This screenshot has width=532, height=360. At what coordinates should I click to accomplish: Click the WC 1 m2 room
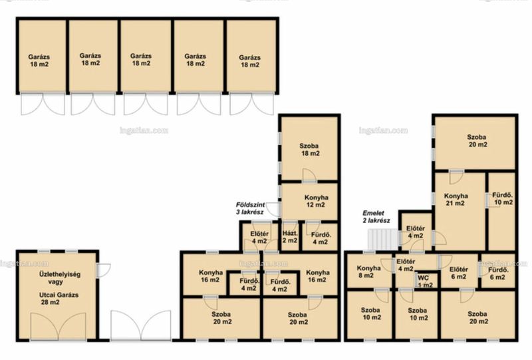(x=426, y=281)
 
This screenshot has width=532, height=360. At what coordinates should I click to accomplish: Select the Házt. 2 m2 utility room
(x=290, y=236)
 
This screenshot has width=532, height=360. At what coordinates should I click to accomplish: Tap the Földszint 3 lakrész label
(x=250, y=208)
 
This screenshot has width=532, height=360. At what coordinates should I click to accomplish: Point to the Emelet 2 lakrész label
(x=376, y=217)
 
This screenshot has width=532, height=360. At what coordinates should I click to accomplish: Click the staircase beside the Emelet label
(x=384, y=240)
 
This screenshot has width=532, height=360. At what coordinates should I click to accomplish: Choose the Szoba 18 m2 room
(x=309, y=148)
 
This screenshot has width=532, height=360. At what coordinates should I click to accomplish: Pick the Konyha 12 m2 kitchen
(x=309, y=201)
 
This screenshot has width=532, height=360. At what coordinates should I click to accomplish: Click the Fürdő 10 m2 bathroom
(x=501, y=211)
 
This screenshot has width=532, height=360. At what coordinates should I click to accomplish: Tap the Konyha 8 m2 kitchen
(x=370, y=271)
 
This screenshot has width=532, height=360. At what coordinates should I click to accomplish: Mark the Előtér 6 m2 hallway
(x=459, y=273)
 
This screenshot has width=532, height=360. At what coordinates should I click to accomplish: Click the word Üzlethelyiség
(x=60, y=274)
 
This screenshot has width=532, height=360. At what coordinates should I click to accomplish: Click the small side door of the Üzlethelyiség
(x=103, y=270)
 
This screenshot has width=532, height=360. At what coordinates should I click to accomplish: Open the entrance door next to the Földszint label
(x=273, y=210)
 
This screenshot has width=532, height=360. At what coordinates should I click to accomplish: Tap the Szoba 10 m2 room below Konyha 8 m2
(x=370, y=315)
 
